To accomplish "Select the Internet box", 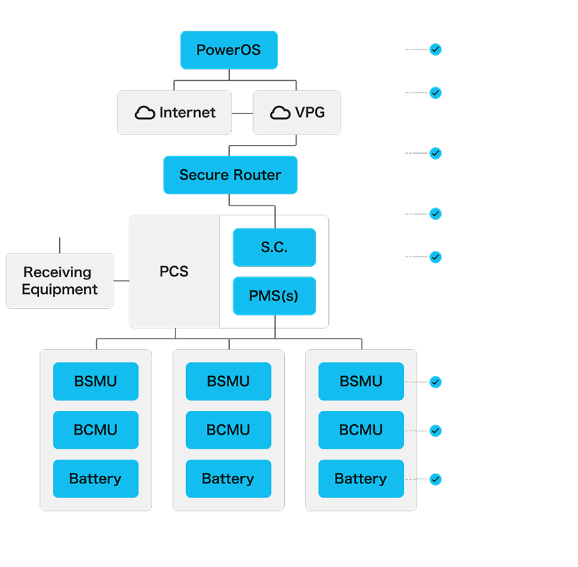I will (x=175, y=112).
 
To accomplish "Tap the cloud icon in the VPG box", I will (x=280, y=113).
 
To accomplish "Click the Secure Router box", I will (x=230, y=175).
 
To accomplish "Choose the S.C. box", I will (x=274, y=247).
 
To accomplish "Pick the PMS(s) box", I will (x=274, y=295).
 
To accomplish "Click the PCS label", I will (x=174, y=271).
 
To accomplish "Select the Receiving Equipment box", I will (x=59, y=281).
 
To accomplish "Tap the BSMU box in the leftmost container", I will (x=95, y=381).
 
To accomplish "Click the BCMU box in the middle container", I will (x=228, y=430).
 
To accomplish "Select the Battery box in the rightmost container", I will (x=361, y=479).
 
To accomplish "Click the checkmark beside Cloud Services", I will (x=435, y=49).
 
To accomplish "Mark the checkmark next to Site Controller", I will (x=435, y=214).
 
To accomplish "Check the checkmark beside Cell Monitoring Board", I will (x=435, y=479).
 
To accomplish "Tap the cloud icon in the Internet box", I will (x=145, y=113).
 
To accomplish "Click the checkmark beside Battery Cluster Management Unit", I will (x=435, y=430).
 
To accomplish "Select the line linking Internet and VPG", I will (x=242, y=112).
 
